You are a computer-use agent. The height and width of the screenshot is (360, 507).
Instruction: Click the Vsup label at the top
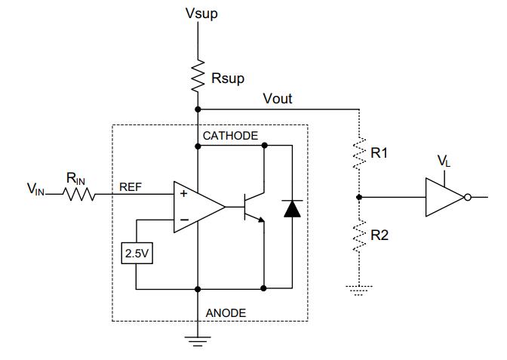click(201, 14)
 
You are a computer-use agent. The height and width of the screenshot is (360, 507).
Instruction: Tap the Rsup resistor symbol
click(198, 76)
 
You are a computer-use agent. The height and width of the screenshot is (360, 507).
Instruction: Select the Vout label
click(278, 99)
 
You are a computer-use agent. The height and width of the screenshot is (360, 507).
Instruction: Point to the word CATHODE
click(231, 136)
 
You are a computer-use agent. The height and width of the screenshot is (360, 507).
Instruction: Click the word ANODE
click(226, 313)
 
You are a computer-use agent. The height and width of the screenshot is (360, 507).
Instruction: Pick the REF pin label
click(131, 187)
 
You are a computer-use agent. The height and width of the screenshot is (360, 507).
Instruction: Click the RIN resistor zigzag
click(79, 194)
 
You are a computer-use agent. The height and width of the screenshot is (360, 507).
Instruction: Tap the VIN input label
click(35, 189)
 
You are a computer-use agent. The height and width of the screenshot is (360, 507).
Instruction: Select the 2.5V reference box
click(137, 254)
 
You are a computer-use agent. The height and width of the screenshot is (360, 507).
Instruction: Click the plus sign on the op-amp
click(183, 193)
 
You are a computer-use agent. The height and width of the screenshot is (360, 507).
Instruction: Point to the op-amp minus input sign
click(184, 220)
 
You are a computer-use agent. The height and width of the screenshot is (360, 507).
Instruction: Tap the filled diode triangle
click(292, 208)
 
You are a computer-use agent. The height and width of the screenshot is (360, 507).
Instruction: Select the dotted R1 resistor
click(359, 153)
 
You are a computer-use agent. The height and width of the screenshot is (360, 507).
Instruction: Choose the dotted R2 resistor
click(359, 235)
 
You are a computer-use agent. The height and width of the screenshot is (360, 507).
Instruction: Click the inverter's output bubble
click(468, 197)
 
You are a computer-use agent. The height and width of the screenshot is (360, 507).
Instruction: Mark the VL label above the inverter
click(444, 161)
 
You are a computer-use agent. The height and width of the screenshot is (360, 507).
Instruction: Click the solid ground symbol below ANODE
click(198, 342)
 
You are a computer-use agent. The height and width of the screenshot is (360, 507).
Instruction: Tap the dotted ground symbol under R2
click(359, 291)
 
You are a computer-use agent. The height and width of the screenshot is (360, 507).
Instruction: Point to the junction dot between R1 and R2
click(359, 197)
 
